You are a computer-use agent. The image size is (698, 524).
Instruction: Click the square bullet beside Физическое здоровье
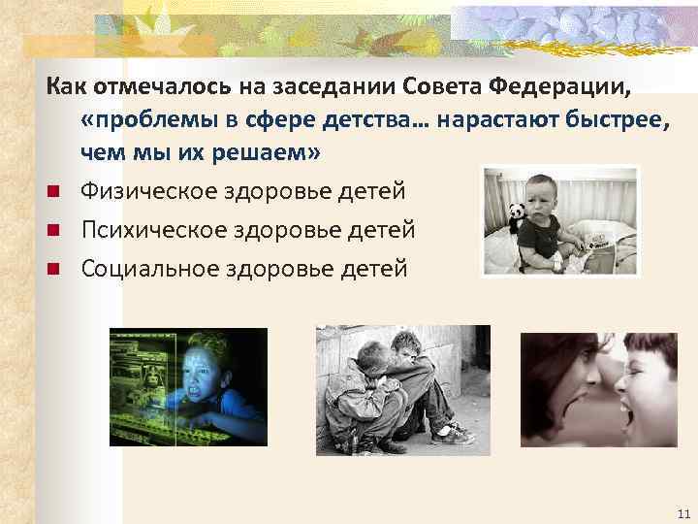[x=58, y=192]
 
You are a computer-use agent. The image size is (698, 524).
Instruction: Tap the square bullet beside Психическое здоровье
[x=58, y=230]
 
